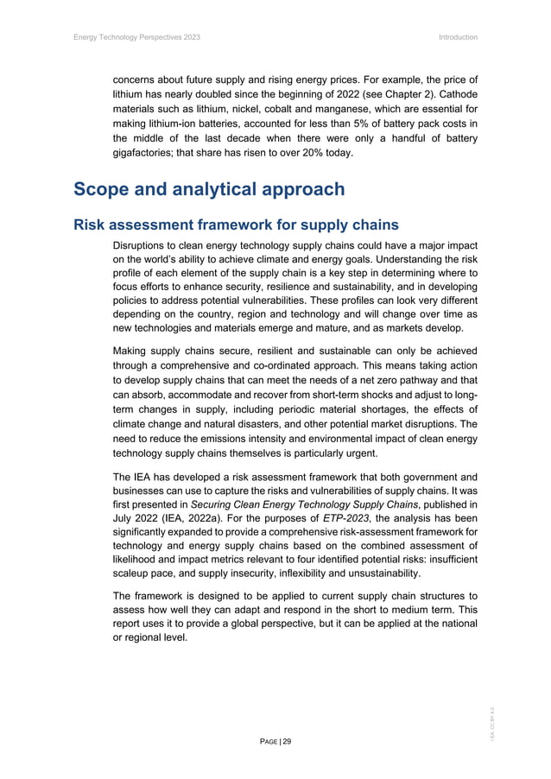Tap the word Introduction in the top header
(x=458, y=37)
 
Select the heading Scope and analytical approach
(x=209, y=189)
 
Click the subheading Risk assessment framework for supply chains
(x=236, y=225)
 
